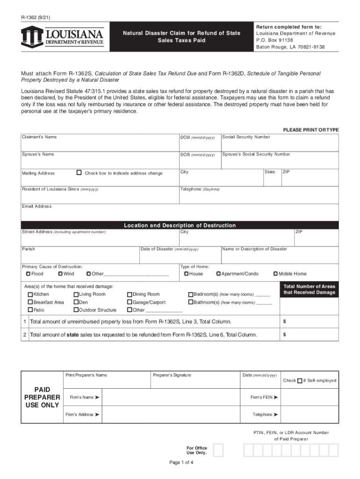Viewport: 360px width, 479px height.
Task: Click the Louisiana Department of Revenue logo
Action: (x=62, y=36)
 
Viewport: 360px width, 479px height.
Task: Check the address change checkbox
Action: (x=79, y=173)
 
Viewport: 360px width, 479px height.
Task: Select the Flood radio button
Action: (x=28, y=274)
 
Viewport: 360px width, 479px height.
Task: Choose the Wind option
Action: (x=60, y=274)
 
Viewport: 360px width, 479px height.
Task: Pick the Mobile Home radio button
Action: (x=275, y=274)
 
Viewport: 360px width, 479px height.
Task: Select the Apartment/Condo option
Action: (x=218, y=274)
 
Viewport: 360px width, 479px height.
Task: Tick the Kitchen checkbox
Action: (x=30, y=295)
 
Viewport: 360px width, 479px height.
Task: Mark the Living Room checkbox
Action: (x=76, y=295)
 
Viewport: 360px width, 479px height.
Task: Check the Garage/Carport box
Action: (x=130, y=302)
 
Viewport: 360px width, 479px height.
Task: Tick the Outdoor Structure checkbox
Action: (x=76, y=310)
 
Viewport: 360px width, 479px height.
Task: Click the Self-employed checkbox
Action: (x=300, y=380)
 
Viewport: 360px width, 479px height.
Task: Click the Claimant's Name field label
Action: (x=39, y=137)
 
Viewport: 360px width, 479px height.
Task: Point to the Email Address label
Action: (x=37, y=206)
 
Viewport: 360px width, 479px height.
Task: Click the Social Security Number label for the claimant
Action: (x=246, y=137)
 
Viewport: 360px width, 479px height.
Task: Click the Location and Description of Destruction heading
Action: (x=180, y=225)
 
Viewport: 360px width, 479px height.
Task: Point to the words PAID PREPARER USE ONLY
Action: (x=42, y=397)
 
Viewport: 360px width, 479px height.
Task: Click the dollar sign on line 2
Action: (x=285, y=334)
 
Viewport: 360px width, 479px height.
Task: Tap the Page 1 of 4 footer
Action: (x=181, y=463)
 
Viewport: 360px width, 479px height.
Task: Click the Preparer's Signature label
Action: (x=172, y=375)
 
